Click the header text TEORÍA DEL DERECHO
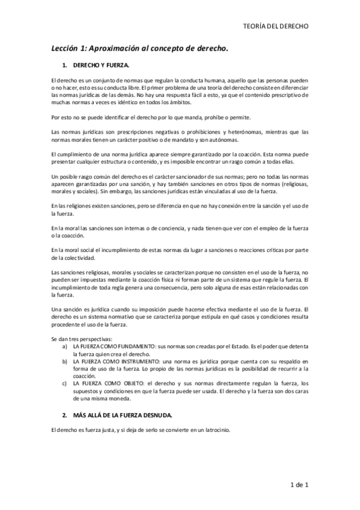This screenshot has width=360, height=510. pos(278,26)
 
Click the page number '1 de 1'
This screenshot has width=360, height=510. pos(298,484)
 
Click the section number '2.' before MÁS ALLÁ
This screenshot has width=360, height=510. pos(64,415)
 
